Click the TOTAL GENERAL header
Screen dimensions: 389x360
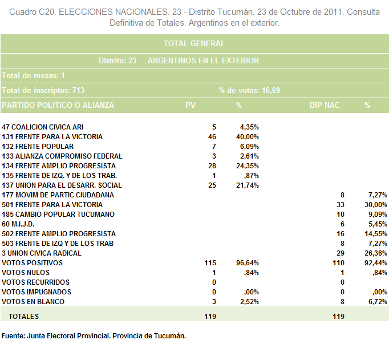click(195, 44)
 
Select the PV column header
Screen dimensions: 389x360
click(191, 105)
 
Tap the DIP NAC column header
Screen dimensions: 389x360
click(325, 105)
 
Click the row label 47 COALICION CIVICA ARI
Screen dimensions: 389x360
click(42, 127)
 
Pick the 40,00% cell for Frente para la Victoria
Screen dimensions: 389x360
click(248, 137)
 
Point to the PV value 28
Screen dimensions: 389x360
click(212, 165)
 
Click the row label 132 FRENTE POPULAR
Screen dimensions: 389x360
click(38, 147)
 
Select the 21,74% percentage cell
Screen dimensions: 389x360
click(248, 185)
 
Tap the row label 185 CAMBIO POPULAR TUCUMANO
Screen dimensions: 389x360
click(58, 215)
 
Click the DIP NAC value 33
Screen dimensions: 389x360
click(341, 205)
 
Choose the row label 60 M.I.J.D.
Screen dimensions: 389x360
click(18, 224)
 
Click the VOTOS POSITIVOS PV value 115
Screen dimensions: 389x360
click(210, 263)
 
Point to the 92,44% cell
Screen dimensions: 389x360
click(376, 263)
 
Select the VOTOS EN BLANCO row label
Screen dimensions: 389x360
click(33, 302)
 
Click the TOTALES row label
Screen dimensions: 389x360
click(23, 317)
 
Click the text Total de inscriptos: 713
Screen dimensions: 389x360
click(43, 90)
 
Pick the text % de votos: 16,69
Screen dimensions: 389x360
click(249, 90)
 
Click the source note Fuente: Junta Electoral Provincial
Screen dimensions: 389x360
click(56, 336)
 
